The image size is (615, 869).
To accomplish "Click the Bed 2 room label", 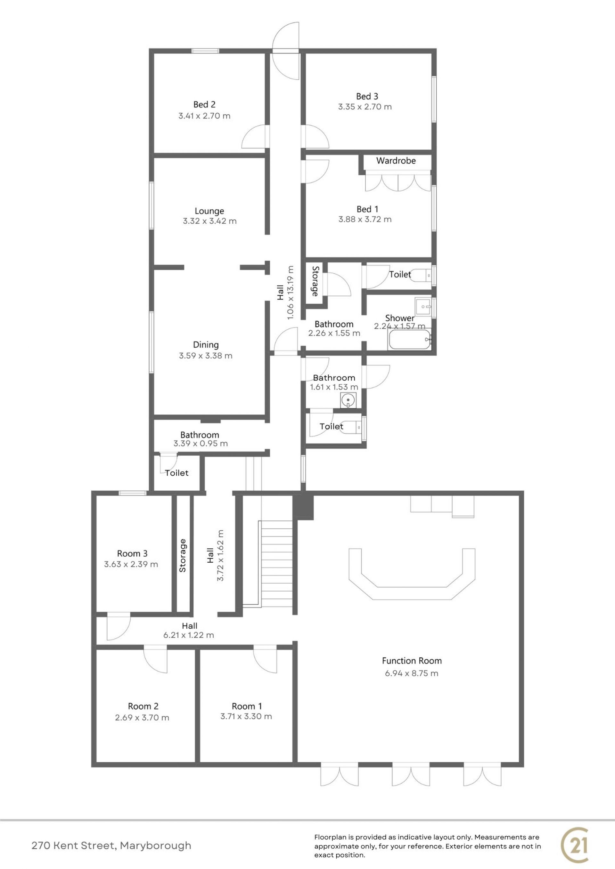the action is (204, 104).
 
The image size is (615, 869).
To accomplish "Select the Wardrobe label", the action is (396, 161).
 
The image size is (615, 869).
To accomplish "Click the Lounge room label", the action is (209, 211).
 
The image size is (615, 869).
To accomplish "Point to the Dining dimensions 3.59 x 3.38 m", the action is (206, 356).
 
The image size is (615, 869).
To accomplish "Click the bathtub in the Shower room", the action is (410, 340).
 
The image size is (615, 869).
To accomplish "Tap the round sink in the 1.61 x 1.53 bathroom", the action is (348, 400).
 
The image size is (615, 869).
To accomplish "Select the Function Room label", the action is (412, 661).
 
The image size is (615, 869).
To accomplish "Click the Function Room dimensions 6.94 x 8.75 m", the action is (412, 673).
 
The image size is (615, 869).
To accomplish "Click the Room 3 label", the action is (132, 553).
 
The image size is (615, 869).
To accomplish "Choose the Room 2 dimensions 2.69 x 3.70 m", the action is (142, 718).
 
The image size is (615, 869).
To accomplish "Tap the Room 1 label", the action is (247, 706).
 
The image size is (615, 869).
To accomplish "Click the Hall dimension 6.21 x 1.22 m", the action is (189, 635).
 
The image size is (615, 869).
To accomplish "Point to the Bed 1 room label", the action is (367, 209).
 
